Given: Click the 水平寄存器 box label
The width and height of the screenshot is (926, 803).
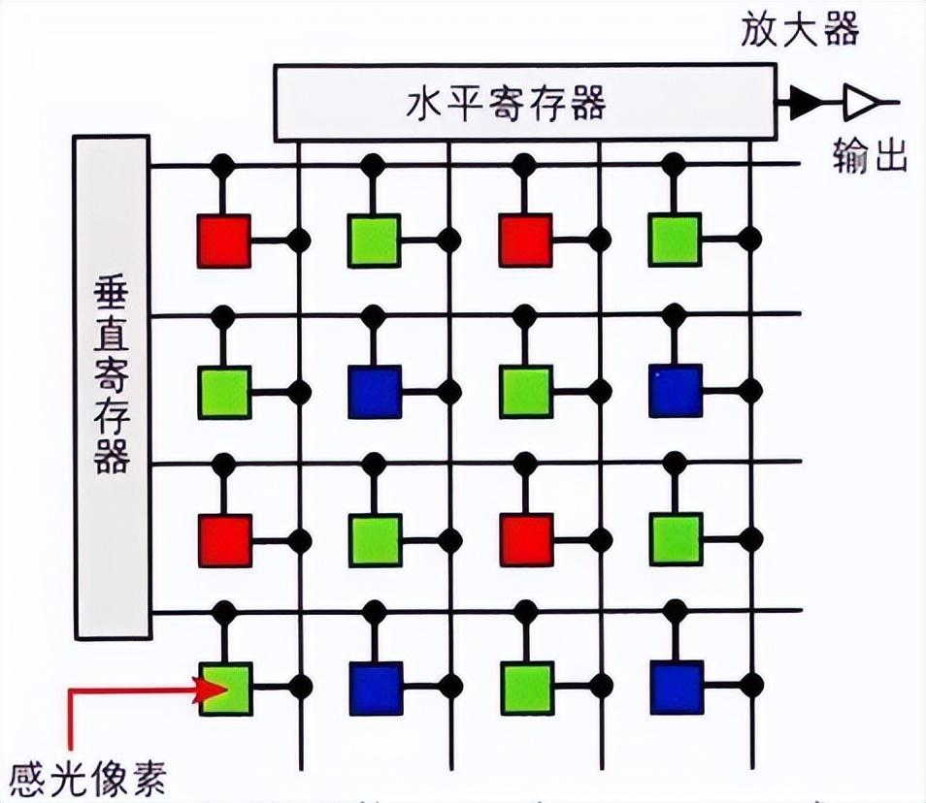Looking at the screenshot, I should [x=504, y=103].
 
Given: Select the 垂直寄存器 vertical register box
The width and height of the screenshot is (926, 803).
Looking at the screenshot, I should [x=113, y=387].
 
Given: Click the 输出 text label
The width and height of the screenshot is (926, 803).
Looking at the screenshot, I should [x=870, y=155].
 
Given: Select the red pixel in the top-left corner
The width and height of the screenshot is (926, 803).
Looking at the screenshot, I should [x=223, y=241].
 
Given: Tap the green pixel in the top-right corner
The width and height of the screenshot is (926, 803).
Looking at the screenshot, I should [x=676, y=240].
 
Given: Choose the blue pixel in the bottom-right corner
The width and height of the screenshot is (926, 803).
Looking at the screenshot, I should [x=677, y=688].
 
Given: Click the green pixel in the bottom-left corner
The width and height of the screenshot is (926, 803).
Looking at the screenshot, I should [x=225, y=689].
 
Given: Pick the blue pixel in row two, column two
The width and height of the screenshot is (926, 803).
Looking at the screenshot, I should [x=375, y=392].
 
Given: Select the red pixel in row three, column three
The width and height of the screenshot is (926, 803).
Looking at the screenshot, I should [x=526, y=540].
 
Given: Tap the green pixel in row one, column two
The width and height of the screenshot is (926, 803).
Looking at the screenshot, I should [x=375, y=241].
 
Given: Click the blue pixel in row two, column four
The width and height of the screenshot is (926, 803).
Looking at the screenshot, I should [x=677, y=391].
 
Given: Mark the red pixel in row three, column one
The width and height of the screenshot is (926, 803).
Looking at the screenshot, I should [x=224, y=540].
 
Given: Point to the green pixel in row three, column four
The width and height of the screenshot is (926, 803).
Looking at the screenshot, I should [x=676, y=540].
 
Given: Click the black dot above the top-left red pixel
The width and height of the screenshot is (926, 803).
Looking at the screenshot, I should [x=223, y=166].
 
